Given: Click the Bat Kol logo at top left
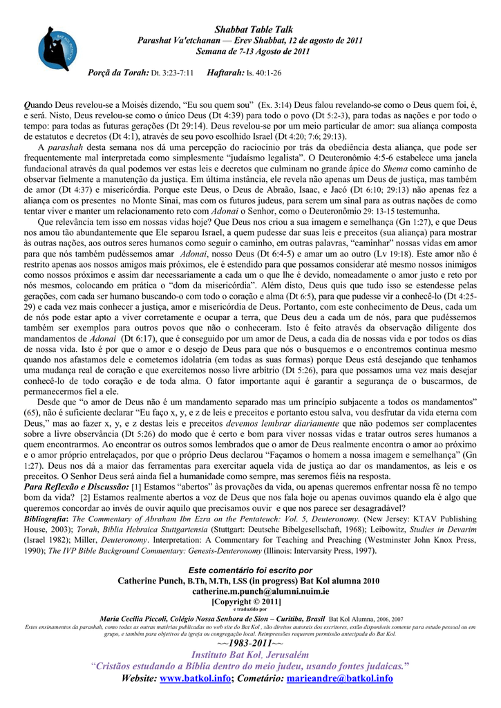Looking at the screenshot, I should [55, 49].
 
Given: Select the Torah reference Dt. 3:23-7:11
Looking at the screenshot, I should [171, 73].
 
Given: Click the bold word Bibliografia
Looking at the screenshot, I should [46, 518].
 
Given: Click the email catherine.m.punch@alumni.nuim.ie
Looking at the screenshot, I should [250, 591].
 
